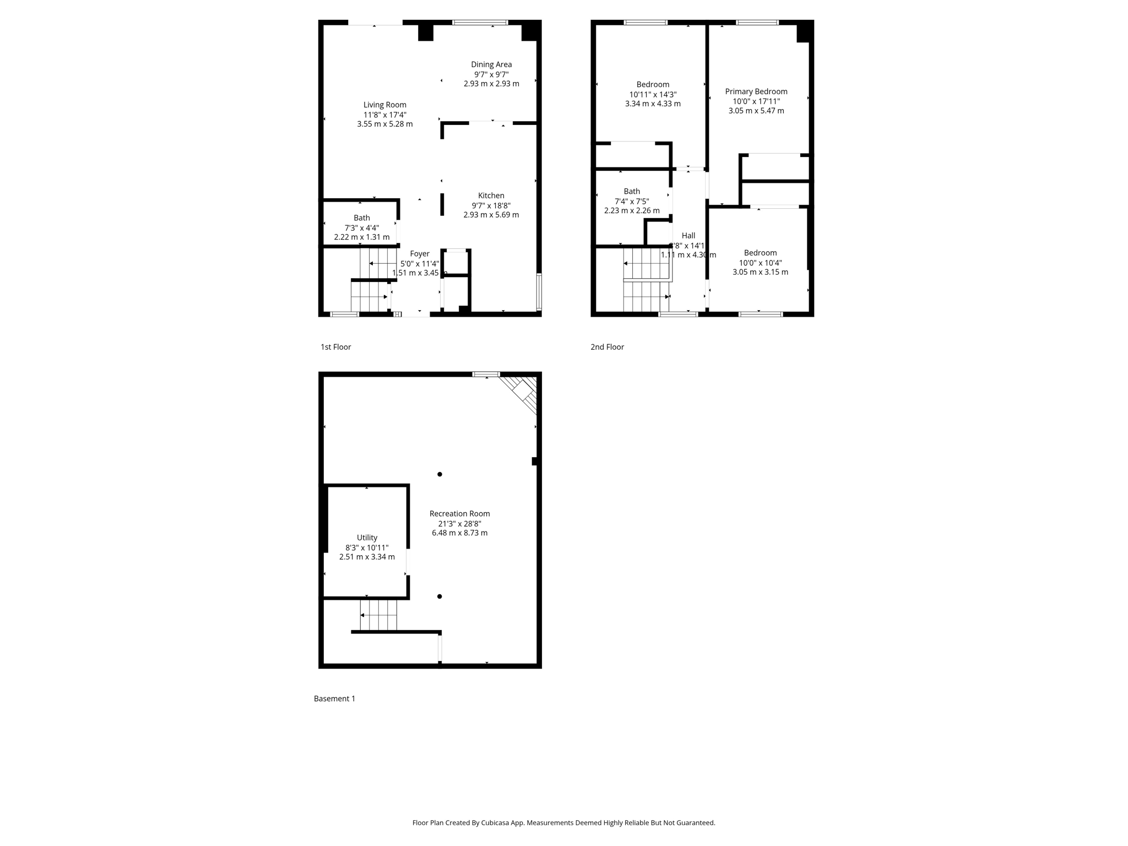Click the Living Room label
(x=384, y=105)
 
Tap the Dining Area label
(x=491, y=64)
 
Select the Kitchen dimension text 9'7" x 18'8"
(x=491, y=205)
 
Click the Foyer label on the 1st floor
(x=420, y=254)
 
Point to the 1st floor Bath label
(x=362, y=218)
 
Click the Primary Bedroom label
(x=756, y=91)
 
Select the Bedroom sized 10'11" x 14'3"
(x=653, y=84)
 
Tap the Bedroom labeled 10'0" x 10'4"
(x=760, y=253)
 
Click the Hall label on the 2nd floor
(x=688, y=235)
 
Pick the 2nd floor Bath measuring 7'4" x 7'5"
(x=632, y=192)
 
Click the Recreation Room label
(x=459, y=513)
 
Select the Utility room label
(x=367, y=538)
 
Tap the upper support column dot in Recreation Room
(x=440, y=474)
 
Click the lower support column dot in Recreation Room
(x=440, y=596)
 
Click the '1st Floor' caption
(x=335, y=347)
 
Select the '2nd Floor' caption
(x=607, y=347)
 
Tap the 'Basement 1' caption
(x=334, y=698)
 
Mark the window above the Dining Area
(x=480, y=23)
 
